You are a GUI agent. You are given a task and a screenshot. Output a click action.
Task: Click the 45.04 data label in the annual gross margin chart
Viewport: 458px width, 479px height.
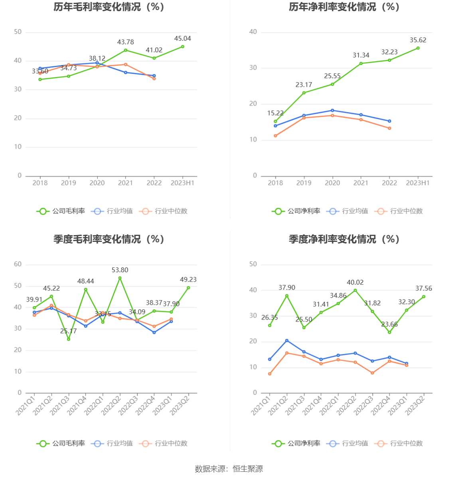[x=182, y=39]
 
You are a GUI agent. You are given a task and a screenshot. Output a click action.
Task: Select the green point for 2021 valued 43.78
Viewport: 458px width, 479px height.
[x=126, y=50]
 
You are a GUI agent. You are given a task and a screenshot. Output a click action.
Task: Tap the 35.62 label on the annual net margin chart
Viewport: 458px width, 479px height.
[x=418, y=40]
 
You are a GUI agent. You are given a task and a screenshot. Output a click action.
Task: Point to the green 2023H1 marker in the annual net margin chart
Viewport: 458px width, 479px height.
[x=418, y=48]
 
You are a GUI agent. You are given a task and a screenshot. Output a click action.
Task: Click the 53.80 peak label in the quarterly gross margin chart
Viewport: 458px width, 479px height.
[x=120, y=270]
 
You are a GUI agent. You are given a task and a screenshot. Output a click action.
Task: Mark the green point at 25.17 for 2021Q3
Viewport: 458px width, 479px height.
[x=69, y=339]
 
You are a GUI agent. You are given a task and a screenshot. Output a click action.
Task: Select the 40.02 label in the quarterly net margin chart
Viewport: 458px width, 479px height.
[x=355, y=283]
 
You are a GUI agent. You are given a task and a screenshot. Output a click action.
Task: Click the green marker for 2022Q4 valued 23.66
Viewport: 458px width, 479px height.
[x=389, y=332]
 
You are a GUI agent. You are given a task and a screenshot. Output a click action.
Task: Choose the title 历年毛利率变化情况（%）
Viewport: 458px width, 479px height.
[x=109, y=7]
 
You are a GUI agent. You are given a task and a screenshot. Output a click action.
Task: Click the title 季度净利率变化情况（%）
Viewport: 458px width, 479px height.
[x=344, y=239]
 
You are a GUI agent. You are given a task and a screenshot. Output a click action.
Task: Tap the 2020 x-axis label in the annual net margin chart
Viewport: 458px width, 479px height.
[x=332, y=183]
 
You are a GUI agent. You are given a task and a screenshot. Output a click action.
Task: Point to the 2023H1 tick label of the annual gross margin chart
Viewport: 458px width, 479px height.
[x=182, y=183]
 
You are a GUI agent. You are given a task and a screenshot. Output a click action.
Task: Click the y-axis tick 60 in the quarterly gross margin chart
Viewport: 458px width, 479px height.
[x=18, y=264]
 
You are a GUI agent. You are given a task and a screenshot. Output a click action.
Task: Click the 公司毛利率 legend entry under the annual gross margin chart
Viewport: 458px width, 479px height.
[x=61, y=211]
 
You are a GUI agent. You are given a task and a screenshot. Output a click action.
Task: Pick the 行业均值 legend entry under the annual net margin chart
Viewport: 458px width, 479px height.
[x=347, y=211]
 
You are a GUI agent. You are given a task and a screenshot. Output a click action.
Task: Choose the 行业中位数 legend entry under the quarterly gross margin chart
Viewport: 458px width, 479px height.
[x=163, y=444]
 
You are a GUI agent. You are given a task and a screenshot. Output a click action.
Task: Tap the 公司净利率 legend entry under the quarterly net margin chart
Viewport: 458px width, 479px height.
[x=296, y=444]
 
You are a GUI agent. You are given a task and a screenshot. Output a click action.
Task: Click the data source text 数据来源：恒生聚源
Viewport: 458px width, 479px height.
[x=229, y=469]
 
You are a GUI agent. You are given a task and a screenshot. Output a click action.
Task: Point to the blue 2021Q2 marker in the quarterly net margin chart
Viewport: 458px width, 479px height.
[x=287, y=341]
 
